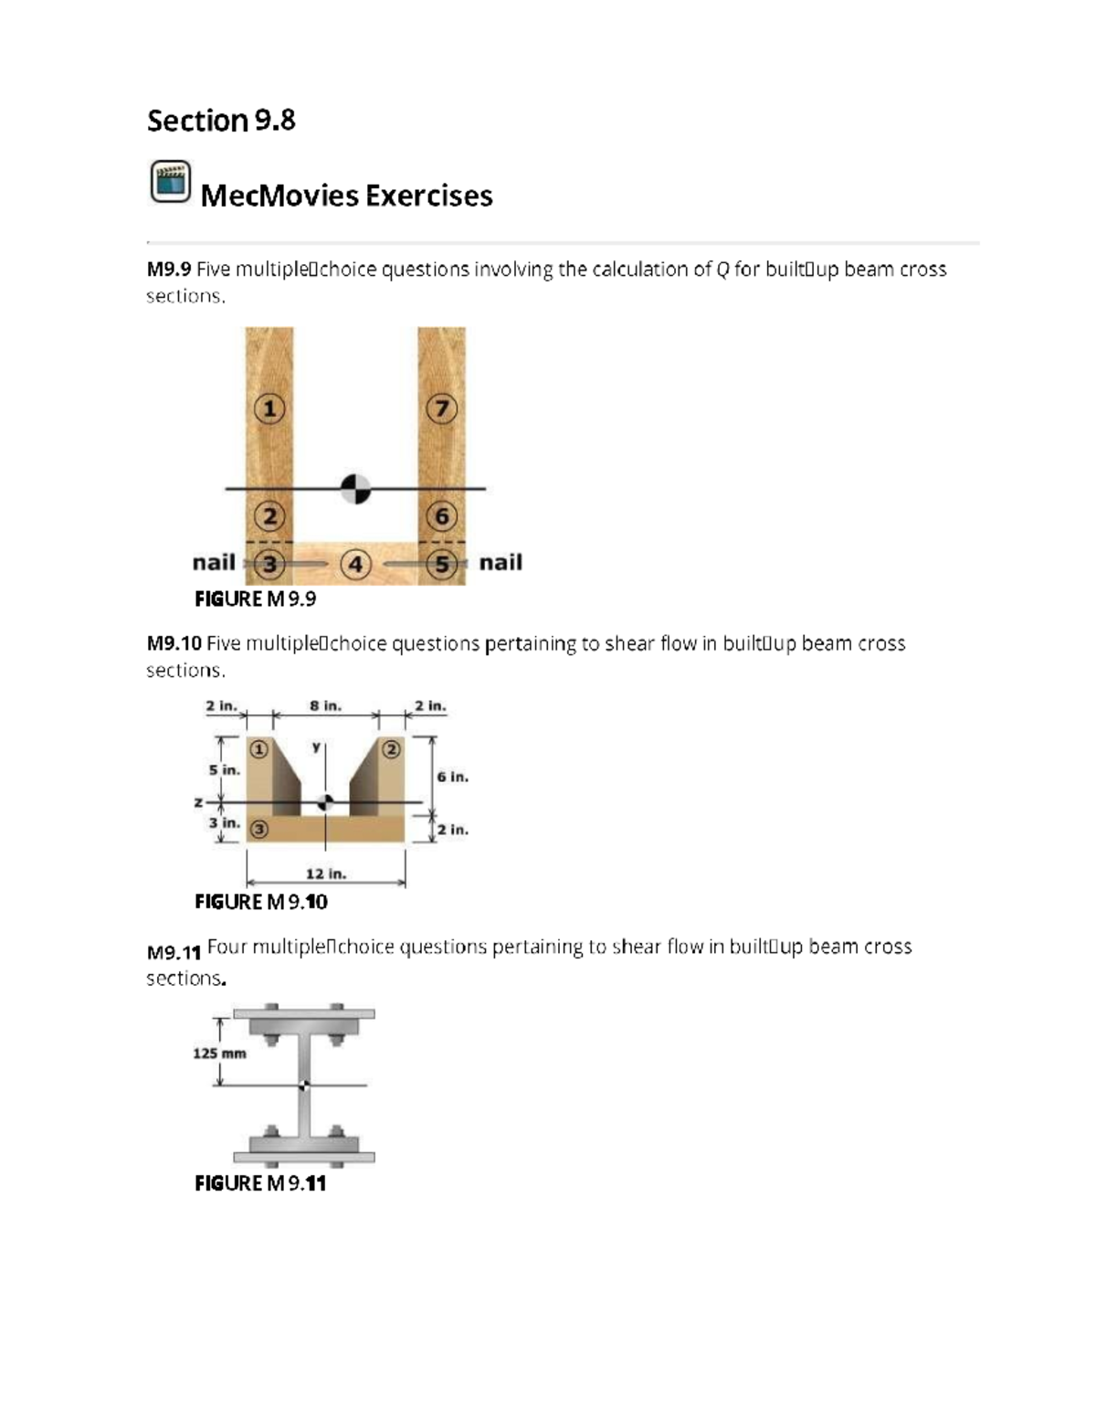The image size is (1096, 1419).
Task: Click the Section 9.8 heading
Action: click(221, 121)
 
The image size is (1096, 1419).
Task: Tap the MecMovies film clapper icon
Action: click(170, 181)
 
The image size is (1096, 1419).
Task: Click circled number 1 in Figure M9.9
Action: click(269, 408)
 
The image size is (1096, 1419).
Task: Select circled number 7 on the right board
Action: click(442, 408)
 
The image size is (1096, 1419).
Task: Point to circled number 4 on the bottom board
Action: click(355, 565)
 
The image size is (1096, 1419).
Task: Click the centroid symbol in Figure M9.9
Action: click(355, 489)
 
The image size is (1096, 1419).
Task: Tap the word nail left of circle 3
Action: click(214, 562)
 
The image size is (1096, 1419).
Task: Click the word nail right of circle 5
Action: click(501, 562)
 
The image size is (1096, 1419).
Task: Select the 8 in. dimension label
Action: click(325, 705)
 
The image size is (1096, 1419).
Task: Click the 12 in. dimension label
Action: click(325, 874)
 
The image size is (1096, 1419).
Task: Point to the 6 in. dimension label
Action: click(452, 777)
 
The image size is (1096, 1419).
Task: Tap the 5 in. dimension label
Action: click(224, 769)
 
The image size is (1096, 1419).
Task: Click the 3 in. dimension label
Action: click(224, 822)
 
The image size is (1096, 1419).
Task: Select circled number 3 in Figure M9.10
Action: click(259, 829)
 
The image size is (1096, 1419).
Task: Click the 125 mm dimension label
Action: click(219, 1053)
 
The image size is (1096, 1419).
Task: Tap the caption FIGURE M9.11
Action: click(260, 1183)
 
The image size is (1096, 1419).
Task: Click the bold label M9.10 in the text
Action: click(174, 643)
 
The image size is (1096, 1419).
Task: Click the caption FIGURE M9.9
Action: click(256, 598)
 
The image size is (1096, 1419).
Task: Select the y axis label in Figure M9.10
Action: click(316, 747)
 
